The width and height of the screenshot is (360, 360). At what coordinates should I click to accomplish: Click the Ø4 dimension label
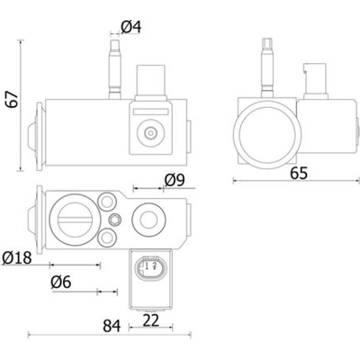tap(131, 27)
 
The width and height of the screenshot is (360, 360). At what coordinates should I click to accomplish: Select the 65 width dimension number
tap(299, 173)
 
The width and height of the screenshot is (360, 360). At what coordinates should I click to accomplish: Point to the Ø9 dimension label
tap(175, 180)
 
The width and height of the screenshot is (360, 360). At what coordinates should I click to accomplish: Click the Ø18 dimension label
tap(17, 257)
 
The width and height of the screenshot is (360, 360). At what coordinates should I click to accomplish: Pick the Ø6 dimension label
tap(61, 283)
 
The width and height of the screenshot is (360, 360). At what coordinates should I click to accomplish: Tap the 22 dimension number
tap(151, 320)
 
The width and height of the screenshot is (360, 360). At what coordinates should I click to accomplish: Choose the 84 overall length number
tap(112, 326)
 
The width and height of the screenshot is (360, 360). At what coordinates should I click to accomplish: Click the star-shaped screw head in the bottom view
tap(115, 220)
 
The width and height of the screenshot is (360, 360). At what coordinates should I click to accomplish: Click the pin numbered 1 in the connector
tap(147, 265)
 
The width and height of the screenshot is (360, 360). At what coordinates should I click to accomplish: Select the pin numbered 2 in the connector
tap(155, 265)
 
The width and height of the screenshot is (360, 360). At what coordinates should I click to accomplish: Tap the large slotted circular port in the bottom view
tap(75, 220)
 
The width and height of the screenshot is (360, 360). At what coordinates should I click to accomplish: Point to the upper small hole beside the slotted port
tap(107, 202)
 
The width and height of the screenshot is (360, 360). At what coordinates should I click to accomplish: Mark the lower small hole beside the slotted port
tap(107, 238)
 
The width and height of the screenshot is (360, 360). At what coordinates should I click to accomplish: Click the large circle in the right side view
tap(267, 135)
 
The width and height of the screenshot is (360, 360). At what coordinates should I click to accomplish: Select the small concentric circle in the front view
tap(150, 132)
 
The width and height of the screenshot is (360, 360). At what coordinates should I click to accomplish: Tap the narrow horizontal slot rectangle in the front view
tap(150, 112)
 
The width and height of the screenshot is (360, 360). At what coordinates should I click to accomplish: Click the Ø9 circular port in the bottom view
tap(148, 220)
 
